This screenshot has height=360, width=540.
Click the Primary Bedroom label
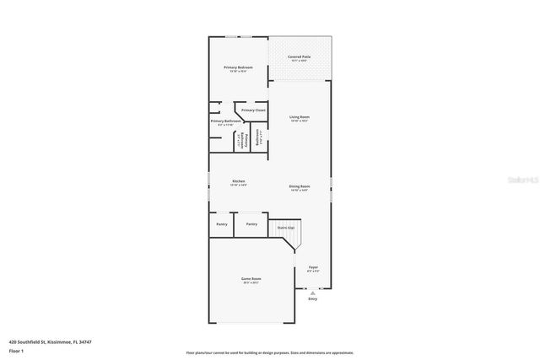pos(239,67)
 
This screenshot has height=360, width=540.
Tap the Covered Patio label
pos(300,56)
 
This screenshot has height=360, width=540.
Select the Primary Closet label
pos(253,110)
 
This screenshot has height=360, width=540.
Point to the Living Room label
pos(300,116)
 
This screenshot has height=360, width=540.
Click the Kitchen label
pos(239,181)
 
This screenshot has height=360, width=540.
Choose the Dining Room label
pos(300,185)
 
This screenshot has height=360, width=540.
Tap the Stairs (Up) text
pos(286,228)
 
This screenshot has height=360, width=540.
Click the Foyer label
pos(312,267)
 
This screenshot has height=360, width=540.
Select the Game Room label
pos(251,278)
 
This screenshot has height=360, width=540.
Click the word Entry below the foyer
pos(312,299)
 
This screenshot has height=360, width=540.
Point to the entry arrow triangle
pos(312,293)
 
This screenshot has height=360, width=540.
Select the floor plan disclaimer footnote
pos(270,352)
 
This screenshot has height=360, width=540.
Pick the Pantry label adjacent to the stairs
pos(251,224)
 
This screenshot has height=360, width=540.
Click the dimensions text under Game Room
pos(251,283)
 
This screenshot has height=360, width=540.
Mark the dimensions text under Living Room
pos(300,121)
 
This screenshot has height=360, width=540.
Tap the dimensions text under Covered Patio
pos(300,62)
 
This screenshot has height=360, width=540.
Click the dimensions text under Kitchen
pos(239,186)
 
